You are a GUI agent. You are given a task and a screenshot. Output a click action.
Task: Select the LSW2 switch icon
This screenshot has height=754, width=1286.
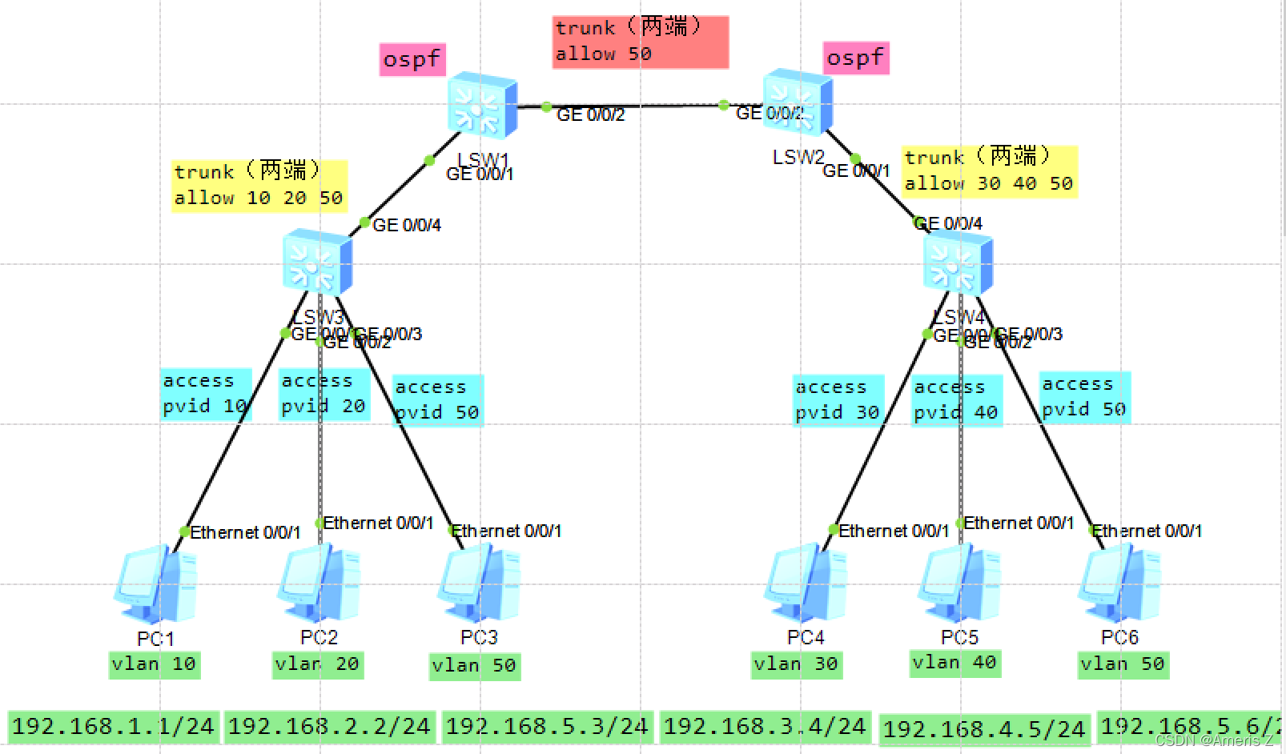(x=798, y=102)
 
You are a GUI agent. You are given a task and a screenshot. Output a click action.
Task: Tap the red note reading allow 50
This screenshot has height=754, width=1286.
(x=641, y=42)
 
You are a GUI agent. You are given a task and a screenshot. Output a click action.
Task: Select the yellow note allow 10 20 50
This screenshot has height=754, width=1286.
(x=259, y=186)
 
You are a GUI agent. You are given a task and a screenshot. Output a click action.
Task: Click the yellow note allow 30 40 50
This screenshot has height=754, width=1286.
(x=989, y=171)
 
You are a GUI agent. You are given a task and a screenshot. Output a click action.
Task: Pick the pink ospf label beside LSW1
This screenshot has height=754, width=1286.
(x=412, y=59)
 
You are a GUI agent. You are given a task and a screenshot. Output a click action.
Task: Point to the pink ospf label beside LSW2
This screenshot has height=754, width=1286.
(x=856, y=58)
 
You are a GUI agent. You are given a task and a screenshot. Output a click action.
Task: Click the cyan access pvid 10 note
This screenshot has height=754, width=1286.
(x=206, y=394)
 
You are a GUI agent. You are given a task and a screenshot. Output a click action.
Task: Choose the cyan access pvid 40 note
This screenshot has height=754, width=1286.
(x=957, y=400)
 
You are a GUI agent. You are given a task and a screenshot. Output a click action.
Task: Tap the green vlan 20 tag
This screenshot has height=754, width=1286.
(x=318, y=664)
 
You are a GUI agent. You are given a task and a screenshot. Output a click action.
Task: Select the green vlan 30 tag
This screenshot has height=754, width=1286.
(x=796, y=664)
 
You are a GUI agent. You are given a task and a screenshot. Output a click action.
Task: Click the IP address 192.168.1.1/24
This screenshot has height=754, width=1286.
(x=113, y=727)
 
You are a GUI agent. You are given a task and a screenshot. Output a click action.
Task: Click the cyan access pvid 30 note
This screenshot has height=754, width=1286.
(x=838, y=400)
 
